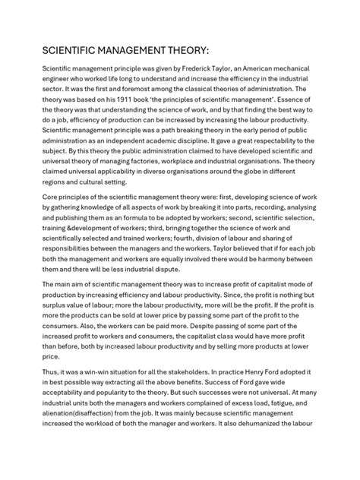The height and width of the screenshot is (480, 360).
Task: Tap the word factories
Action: click(x=168, y=171)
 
